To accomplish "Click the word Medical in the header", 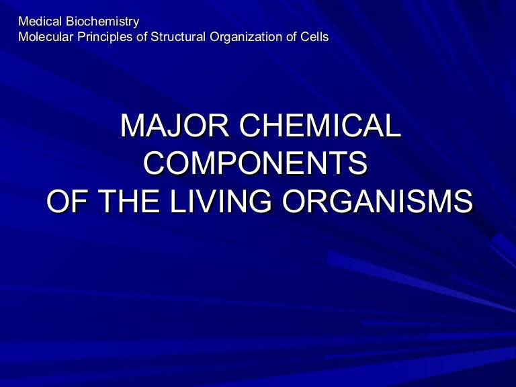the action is [40, 21].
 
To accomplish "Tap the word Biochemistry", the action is [102, 22].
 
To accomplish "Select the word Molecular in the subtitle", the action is [46, 36].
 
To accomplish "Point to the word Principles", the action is [106, 37].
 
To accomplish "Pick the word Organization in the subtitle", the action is [246, 37].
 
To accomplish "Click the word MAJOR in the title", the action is [175, 126].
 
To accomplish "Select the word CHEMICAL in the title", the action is [320, 126].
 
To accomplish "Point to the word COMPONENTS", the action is [255, 163].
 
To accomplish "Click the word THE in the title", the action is [129, 201].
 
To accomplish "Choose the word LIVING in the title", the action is [221, 201].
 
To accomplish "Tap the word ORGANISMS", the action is [378, 201].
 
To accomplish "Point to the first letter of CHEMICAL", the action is [251, 126].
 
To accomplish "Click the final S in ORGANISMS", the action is [463, 201].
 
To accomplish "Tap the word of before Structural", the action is [143, 36].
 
